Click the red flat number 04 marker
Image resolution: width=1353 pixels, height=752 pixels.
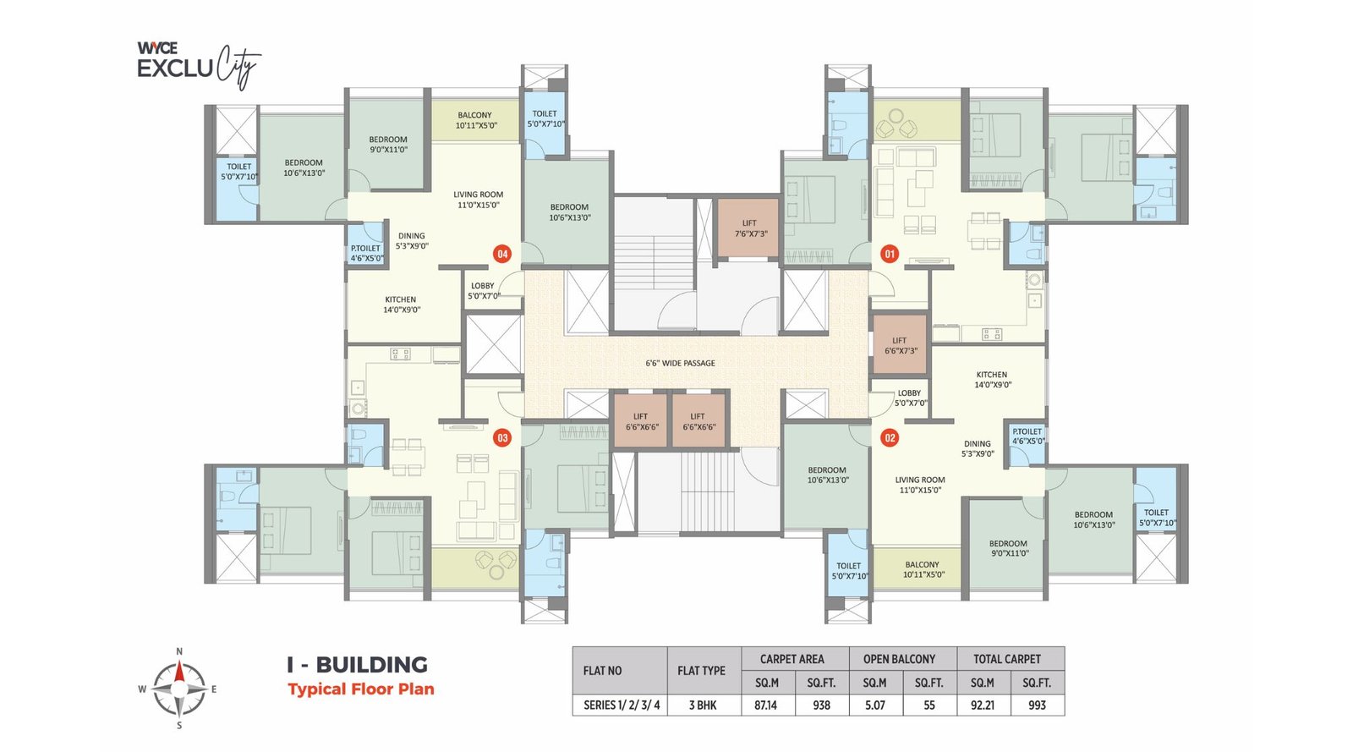(x=502, y=254)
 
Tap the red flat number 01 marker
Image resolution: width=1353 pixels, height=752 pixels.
(x=889, y=254)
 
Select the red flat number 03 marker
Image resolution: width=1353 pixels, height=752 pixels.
(x=502, y=438)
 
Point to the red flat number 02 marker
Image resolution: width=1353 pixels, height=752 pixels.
(x=889, y=438)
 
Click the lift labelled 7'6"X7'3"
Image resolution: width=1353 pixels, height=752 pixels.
(x=749, y=228)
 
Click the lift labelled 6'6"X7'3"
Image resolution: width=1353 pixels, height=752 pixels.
(x=900, y=345)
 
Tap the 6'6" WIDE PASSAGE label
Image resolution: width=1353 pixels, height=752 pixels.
(x=680, y=363)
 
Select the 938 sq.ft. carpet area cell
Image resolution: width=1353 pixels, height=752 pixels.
(x=821, y=705)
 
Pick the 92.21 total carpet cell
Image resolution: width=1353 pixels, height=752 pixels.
(x=983, y=705)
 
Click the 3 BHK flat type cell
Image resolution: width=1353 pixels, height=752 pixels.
(x=702, y=705)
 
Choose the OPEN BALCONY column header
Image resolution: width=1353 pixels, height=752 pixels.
(x=899, y=659)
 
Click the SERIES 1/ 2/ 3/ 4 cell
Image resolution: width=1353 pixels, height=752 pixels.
(x=621, y=705)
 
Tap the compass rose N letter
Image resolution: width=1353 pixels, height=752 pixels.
(x=179, y=651)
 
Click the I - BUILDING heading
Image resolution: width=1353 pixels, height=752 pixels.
(x=357, y=665)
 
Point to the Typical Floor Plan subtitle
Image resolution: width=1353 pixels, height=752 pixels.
(x=360, y=689)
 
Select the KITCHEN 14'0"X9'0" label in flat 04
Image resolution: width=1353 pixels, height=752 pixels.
(x=401, y=305)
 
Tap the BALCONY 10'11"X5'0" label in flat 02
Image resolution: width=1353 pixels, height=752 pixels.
(x=922, y=569)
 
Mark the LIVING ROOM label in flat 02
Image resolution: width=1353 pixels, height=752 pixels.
(x=919, y=485)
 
